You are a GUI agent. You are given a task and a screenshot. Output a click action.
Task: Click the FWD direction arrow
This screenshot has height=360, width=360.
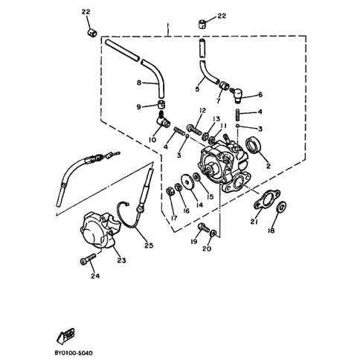pyautogui.click(x=65, y=336)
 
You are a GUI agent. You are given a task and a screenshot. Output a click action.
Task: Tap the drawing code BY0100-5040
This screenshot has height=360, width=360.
pyautogui.click(x=74, y=353)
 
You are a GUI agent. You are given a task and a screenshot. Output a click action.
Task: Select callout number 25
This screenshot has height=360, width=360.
pyautogui.click(x=149, y=245)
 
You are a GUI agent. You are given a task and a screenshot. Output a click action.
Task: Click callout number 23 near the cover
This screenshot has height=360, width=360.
pyautogui.click(x=122, y=260)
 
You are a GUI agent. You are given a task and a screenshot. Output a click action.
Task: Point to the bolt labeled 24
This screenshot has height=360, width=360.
pyautogui.click(x=88, y=259)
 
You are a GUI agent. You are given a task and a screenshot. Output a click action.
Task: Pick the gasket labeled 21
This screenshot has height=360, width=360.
pyautogui.click(x=266, y=199)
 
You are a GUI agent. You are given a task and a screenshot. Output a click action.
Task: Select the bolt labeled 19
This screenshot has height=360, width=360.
pyautogui.click(x=204, y=227)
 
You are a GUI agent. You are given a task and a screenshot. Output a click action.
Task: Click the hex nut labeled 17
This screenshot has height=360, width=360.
pyautogui.click(x=170, y=191)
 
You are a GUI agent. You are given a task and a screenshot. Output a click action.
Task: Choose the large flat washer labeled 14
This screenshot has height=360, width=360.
pyautogui.click(x=187, y=182)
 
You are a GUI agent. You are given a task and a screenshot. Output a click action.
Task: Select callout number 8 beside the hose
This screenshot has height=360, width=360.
pyautogui.click(x=139, y=83)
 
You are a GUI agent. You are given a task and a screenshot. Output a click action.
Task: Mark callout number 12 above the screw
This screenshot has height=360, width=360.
pyautogui.click(x=202, y=111)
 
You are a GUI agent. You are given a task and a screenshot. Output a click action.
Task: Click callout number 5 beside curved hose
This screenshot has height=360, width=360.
pyautogui.click(x=197, y=89)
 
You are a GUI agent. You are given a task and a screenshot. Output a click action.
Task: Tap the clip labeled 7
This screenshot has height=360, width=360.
pyautogui.click(x=224, y=86)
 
